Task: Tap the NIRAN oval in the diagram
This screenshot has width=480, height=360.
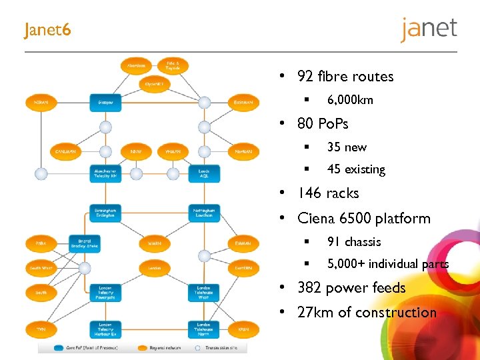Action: [41, 103]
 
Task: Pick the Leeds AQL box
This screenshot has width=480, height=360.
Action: [204, 174]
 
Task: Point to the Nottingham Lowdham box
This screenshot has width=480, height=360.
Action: [204, 213]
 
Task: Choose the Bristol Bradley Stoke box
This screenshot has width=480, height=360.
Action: [85, 243]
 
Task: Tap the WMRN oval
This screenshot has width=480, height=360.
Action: [155, 243]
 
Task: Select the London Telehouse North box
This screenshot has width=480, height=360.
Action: [204, 329]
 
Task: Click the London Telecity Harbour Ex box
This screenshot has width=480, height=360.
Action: [105, 329]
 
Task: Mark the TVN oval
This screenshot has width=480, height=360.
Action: [41, 329]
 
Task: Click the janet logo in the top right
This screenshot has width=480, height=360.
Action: [429, 29]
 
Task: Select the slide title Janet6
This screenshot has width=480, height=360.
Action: [47, 31]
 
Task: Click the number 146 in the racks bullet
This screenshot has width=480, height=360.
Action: [309, 193]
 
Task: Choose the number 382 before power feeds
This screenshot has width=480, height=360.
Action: [309, 288]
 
